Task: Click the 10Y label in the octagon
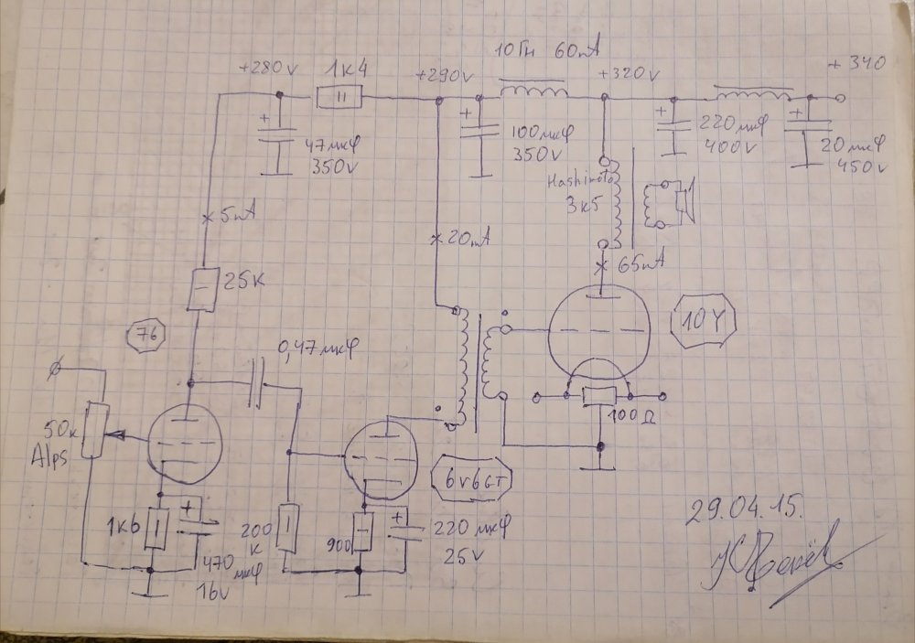703,321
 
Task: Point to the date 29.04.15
745,510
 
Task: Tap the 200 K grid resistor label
257,539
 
